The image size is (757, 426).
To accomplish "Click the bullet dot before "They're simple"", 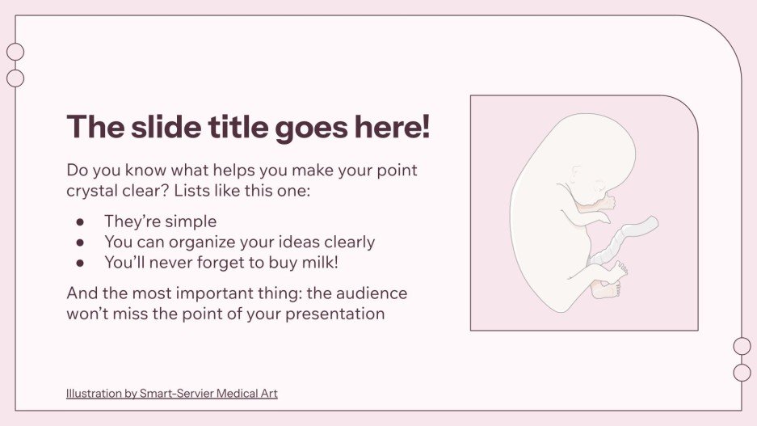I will pyautogui.click(x=80, y=221).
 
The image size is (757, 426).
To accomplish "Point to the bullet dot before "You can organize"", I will pyautogui.click(x=80, y=242).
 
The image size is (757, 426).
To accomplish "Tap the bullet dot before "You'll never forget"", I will pyautogui.click(x=80, y=262).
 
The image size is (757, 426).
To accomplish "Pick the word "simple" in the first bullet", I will pyautogui.click(x=191, y=221).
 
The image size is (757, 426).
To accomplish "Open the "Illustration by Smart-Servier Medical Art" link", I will pyautogui.click(x=171, y=394).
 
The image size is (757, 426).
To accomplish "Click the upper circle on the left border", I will pyautogui.click(x=15, y=52).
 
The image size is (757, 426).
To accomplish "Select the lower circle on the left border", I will pyautogui.click(x=15, y=78).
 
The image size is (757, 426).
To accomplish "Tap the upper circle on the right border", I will pyautogui.click(x=742, y=346).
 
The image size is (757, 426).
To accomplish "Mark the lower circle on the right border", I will pyautogui.click(x=742, y=373).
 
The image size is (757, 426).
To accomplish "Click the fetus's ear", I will pyautogui.click(x=575, y=173).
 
